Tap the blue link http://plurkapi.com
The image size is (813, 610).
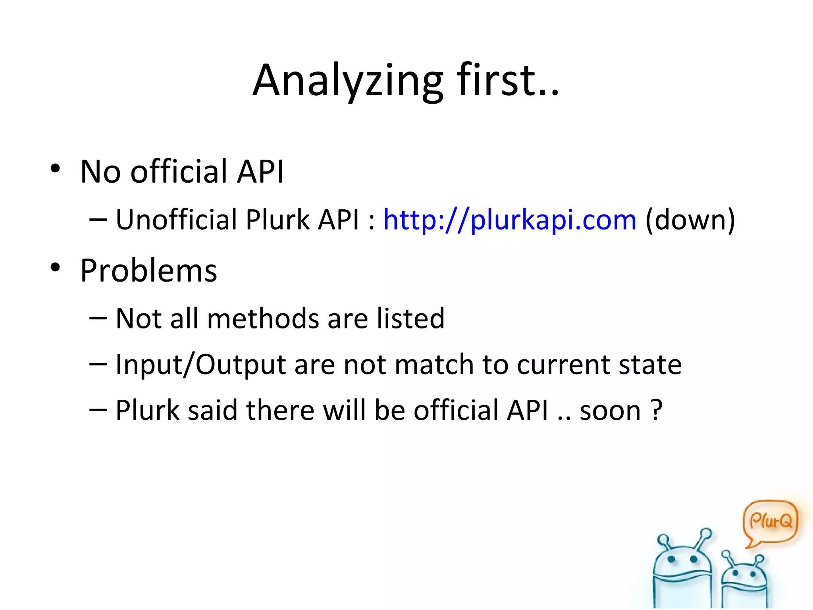point(510,220)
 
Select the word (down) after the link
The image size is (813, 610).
point(690,220)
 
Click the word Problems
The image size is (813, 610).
point(148,270)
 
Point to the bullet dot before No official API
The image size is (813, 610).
point(55,168)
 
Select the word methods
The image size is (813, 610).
point(263,319)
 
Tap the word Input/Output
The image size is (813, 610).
point(200,365)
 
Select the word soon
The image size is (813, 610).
point(610,411)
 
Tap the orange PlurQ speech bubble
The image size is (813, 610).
point(770,521)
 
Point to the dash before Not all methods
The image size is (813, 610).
point(98,319)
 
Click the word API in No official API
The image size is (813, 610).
point(260,172)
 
